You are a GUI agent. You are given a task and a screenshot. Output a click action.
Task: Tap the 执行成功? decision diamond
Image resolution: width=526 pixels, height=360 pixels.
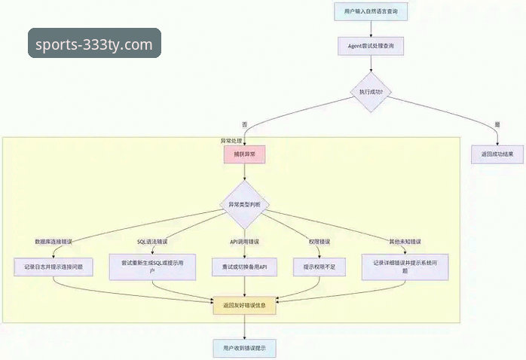click(369, 93)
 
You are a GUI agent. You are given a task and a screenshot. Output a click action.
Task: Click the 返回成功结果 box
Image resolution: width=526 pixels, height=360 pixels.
click(497, 154)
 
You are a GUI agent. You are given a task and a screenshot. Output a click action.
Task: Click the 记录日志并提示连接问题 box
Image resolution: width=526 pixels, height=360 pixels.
click(54, 267)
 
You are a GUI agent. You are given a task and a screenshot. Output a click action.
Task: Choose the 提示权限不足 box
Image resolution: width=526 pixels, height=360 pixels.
click(323, 267)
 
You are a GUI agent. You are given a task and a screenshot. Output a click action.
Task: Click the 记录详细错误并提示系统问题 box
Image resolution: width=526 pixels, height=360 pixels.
click(410, 267)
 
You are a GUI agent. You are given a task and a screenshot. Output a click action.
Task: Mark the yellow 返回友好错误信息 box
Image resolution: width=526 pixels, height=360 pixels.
click(244, 307)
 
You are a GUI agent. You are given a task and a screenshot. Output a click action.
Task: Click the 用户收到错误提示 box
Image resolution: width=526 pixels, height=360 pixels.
click(244, 349)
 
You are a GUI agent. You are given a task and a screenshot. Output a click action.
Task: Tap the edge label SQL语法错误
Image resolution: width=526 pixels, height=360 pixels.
click(151, 242)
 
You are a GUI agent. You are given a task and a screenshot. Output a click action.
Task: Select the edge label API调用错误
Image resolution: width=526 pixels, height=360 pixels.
click(244, 242)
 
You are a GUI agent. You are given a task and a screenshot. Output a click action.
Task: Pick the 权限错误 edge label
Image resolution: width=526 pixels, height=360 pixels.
click(318, 242)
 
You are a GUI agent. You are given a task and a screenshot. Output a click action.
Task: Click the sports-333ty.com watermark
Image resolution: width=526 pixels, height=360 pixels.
click(95, 44)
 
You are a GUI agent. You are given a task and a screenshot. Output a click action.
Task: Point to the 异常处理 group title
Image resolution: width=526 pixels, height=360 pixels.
click(231, 141)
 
